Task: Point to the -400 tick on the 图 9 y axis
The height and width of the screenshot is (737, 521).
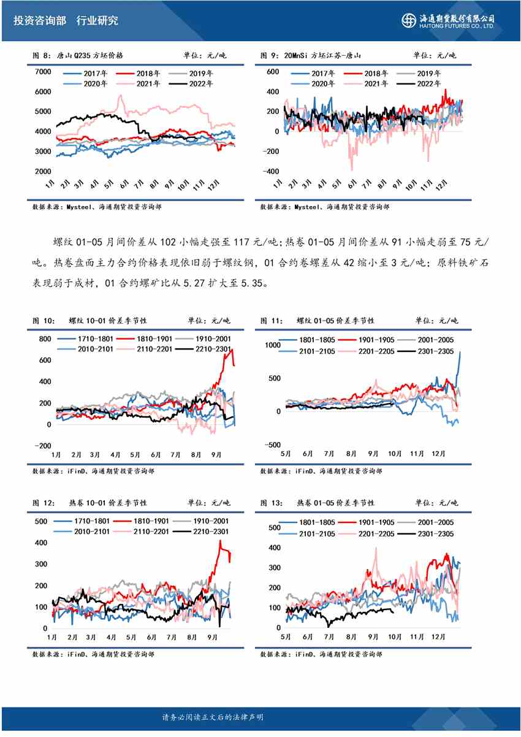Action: point(270,171)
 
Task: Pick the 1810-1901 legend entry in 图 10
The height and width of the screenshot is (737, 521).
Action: point(145,338)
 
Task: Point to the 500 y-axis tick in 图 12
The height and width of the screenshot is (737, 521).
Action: point(41,522)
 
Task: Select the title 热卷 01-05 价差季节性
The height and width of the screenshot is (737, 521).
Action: point(335,503)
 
